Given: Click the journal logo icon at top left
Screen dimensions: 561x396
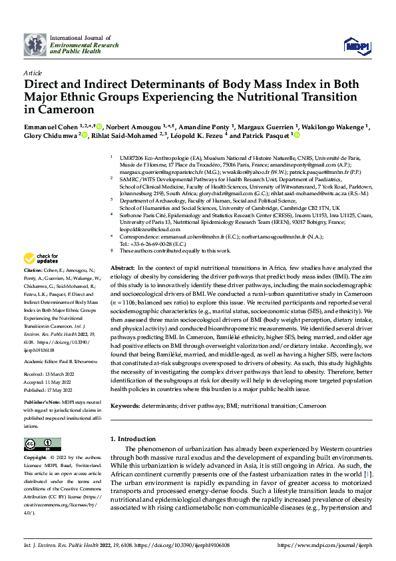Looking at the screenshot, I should [35, 44].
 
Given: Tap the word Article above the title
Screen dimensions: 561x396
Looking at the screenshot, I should [32, 72].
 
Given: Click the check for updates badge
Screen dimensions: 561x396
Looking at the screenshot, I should [41, 258].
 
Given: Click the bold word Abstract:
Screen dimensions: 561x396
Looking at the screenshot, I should [123, 267].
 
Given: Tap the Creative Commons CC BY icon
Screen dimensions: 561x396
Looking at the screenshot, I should [39, 444].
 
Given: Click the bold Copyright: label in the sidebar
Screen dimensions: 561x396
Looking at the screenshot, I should [36, 458].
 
